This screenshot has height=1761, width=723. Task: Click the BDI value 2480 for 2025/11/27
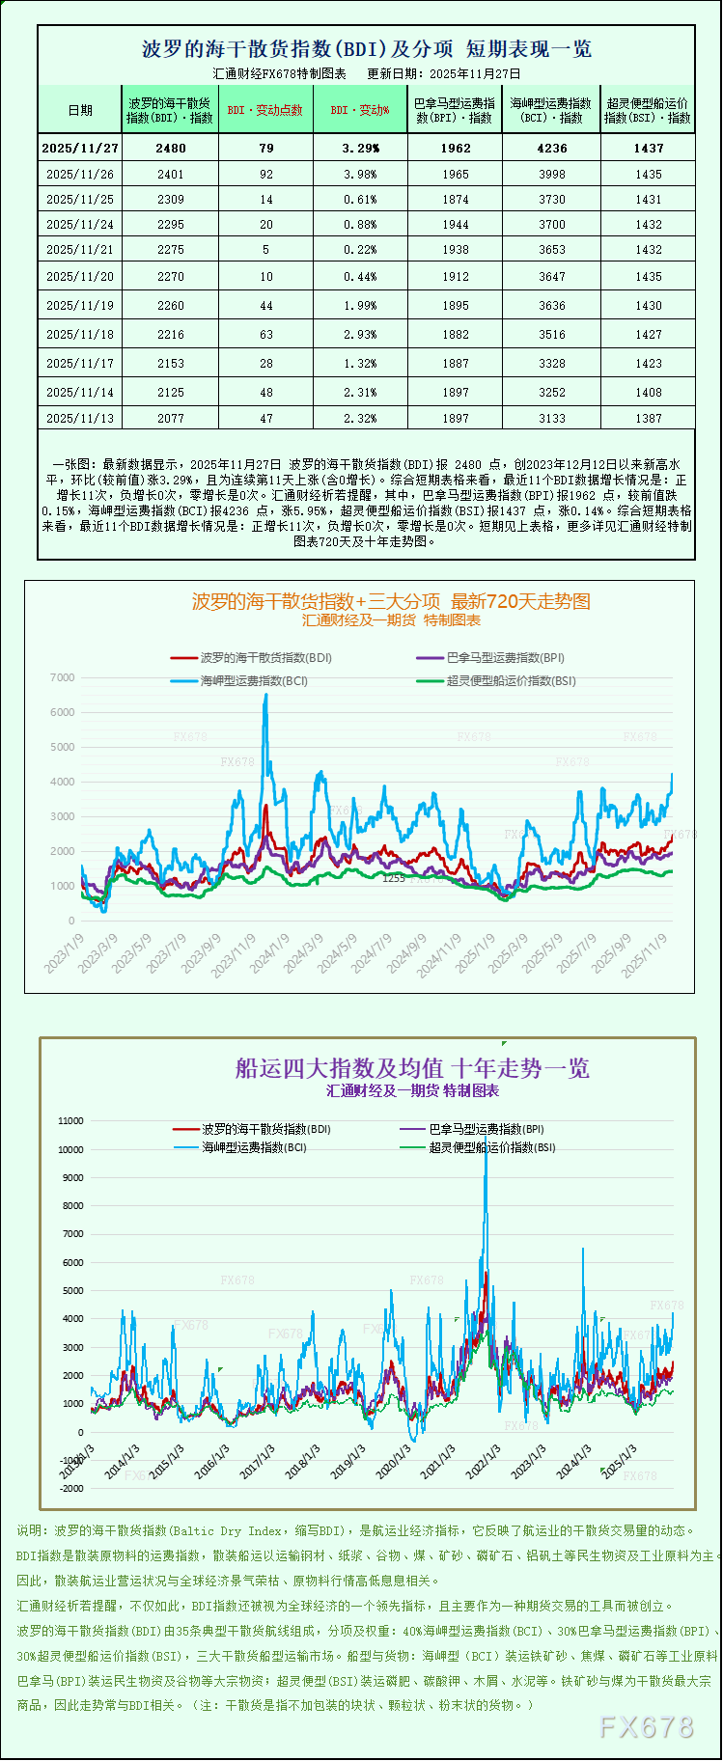pos(170,149)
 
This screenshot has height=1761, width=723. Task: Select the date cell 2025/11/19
pos(80,306)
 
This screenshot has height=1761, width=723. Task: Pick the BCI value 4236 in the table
pos(551,149)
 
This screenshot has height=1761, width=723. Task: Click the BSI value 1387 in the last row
pos(649,419)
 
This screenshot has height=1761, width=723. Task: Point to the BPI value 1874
pos(455,200)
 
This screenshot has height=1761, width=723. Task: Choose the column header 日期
pos(80,110)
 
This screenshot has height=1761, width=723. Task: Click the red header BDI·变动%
pos(360,110)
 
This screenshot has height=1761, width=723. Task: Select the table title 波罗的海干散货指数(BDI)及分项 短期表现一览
pos(367,49)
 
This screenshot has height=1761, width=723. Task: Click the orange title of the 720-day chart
pos(391,602)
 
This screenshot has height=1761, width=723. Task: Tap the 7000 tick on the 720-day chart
pos(63,678)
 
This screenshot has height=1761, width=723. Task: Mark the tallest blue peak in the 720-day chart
pos(266,696)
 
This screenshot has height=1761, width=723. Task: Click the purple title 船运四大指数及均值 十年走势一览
pos(412,1068)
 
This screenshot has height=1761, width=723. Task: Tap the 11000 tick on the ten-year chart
pos(71,1121)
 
